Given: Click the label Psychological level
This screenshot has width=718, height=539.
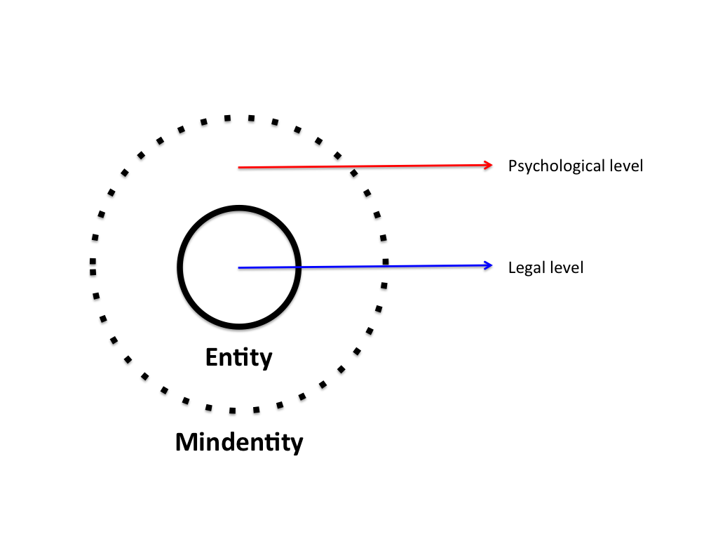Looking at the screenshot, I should (575, 166).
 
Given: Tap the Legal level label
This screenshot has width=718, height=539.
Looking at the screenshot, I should (546, 267).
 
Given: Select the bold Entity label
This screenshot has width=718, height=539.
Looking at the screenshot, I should (238, 358).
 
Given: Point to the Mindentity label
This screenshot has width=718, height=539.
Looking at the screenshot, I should (239, 442).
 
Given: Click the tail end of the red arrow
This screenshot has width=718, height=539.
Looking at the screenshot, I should (240, 168).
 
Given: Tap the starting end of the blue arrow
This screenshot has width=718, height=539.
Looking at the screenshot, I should (240, 267).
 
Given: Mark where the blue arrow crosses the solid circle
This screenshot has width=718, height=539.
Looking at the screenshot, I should (299, 267).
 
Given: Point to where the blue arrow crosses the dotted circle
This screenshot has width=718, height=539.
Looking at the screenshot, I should (385, 266).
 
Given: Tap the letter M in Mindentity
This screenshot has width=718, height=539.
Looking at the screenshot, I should (187, 442).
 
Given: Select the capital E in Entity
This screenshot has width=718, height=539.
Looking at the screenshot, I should (211, 358).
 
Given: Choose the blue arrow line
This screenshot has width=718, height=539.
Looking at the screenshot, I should (421, 266).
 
